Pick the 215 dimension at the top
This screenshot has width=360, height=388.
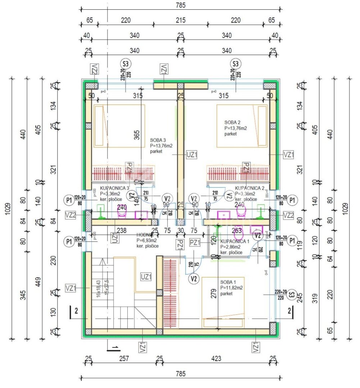[181, 20]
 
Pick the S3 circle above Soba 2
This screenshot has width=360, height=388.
[236, 64]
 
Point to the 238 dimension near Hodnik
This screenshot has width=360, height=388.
[122, 231]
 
